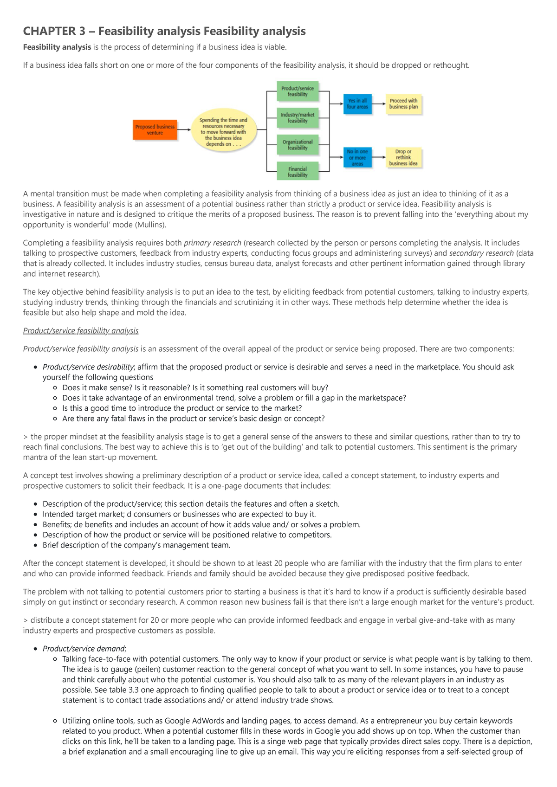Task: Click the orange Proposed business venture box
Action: (x=155, y=129)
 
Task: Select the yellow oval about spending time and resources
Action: (x=223, y=132)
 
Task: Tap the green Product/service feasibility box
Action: (x=297, y=91)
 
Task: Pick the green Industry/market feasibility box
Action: (x=297, y=118)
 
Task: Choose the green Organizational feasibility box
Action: (x=297, y=145)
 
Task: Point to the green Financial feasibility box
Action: (x=297, y=172)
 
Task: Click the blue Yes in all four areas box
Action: (x=357, y=103)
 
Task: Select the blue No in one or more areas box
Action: (x=357, y=157)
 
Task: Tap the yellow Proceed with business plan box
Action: (x=403, y=103)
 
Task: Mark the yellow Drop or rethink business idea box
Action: (x=403, y=157)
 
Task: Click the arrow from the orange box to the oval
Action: (x=184, y=129)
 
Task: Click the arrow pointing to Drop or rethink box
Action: (x=379, y=157)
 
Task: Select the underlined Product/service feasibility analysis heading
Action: (x=81, y=331)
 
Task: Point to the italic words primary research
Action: (x=212, y=243)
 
